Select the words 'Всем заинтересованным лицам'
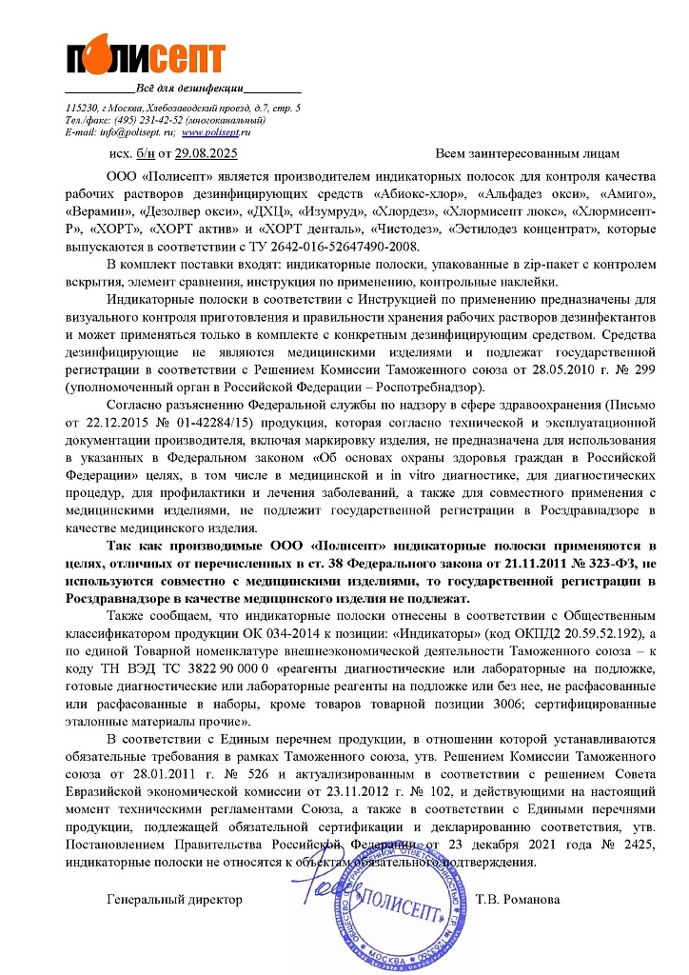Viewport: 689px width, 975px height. click(x=526, y=153)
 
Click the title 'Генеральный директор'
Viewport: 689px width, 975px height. click(x=175, y=899)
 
